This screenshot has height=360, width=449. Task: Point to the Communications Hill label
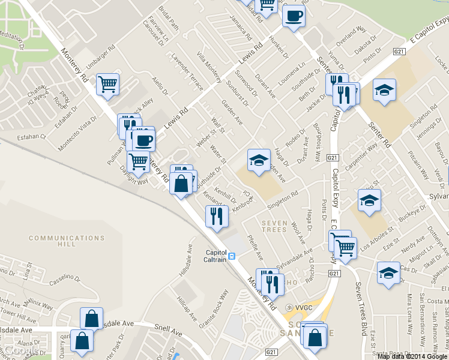53,241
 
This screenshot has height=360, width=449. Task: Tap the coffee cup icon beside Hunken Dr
294,15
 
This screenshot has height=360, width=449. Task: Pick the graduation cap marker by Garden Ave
259,160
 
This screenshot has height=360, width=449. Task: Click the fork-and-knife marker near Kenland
216,216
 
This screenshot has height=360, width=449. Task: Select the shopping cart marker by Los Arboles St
345,247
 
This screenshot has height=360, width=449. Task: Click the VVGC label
300,307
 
